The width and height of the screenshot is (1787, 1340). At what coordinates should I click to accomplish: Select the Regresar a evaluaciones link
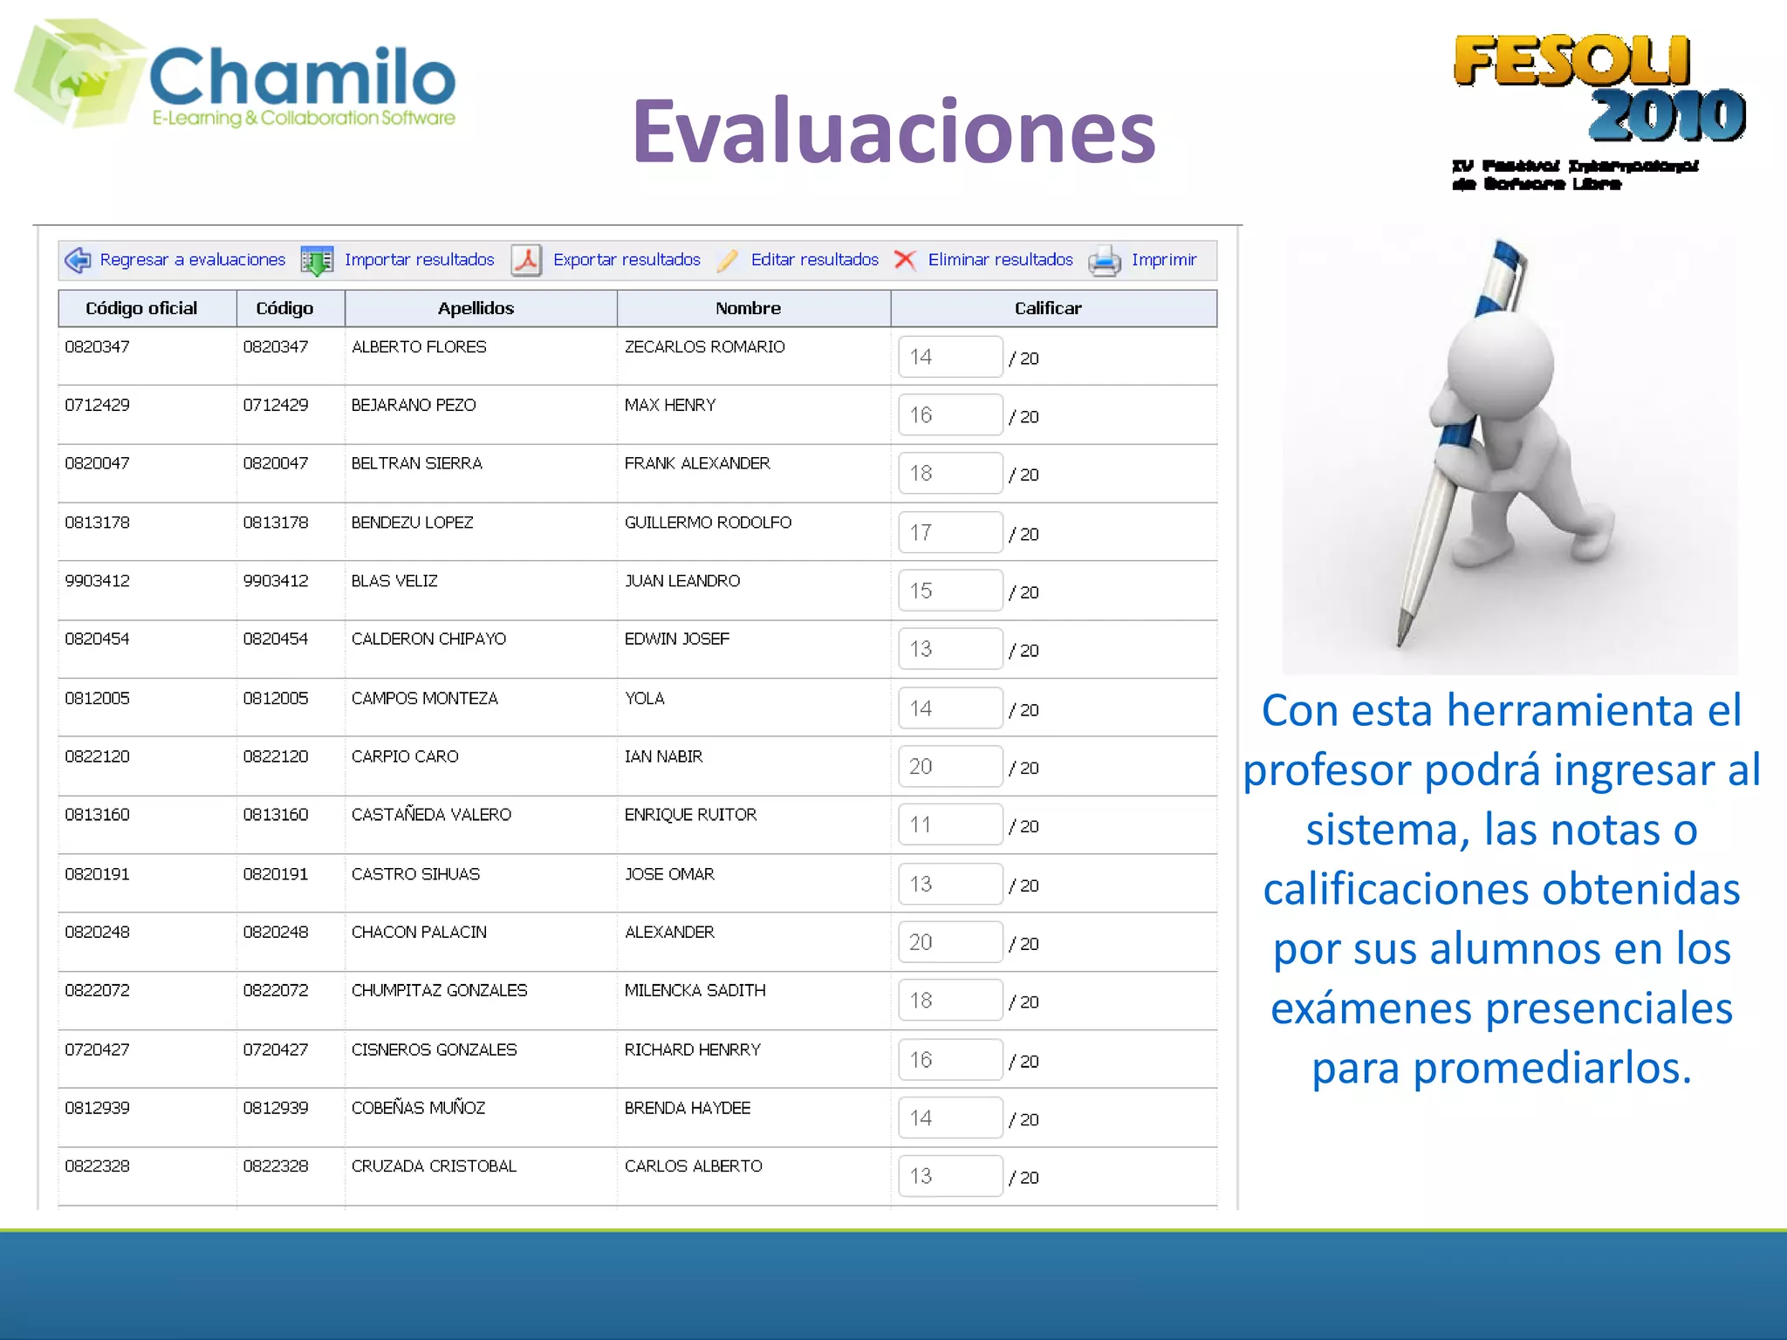click(192, 260)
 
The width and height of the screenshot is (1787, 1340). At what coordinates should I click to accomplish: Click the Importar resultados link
click(419, 260)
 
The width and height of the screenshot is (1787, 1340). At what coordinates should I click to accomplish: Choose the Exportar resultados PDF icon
click(526, 260)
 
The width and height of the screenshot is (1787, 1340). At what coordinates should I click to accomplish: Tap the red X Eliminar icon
click(905, 260)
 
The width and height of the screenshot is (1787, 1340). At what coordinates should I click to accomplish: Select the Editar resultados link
click(814, 260)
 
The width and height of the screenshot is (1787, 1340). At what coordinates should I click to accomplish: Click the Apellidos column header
click(476, 308)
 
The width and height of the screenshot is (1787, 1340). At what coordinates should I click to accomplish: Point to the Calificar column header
click(1047, 308)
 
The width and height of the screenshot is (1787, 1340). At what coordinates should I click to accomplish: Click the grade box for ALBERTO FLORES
click(949, 357)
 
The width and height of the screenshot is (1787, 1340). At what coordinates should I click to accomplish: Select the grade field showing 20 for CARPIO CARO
click(949, 767)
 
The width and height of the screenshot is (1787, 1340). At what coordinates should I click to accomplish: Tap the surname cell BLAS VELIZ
click(394, 581)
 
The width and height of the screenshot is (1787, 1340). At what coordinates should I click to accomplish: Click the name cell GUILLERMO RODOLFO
click(708, 523)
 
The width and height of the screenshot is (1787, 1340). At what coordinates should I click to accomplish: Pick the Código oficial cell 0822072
click(97, 991)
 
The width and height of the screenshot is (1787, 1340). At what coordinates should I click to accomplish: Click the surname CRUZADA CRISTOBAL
click(434, 1166)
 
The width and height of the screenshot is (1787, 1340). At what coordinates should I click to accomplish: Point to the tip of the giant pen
click(1399, 643)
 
